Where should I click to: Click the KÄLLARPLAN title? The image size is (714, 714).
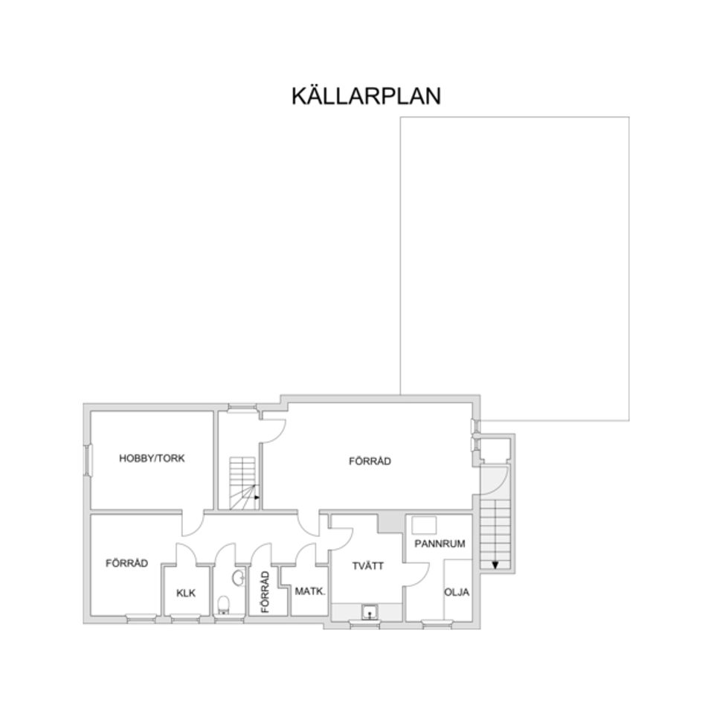366,97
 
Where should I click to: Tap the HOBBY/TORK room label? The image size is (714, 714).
152,459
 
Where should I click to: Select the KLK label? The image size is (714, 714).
186,593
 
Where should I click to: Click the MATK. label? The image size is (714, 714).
309,592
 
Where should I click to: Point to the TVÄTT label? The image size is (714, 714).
368,566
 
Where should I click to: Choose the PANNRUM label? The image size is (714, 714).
440,544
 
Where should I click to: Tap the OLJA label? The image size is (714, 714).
457,592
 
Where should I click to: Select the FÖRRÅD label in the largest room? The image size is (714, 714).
370,462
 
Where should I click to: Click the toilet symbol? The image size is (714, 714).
225,603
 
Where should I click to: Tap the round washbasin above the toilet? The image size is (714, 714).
237,577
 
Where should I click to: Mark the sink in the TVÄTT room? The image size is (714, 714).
369,613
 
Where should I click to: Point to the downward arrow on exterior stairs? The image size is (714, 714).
495,563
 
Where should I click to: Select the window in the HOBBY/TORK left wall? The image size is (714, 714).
88,460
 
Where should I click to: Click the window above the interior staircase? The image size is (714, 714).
241,407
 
